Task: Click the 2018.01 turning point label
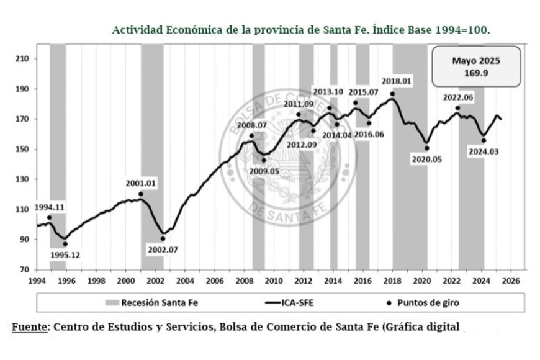tap(397, 81)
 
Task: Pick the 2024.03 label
tap(484, 151)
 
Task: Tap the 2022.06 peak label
tap(458, 98)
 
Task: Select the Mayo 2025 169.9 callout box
tap(475, 67)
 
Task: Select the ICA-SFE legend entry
tap(297, 303)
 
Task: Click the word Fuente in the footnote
tap(29, 326)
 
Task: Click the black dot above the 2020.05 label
tap(427, 148)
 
